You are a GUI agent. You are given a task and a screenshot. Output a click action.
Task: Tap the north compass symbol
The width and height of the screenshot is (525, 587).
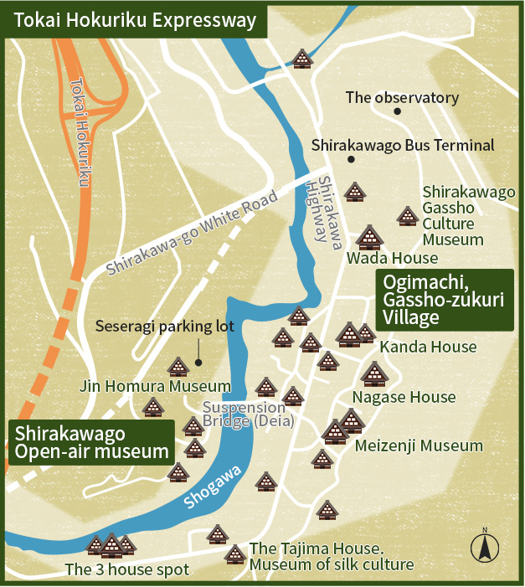click(483, 545)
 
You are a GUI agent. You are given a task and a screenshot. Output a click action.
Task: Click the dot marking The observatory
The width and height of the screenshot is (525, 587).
click(398, 111)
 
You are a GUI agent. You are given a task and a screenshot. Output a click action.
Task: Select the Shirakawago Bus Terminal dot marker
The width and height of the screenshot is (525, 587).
click(351, 159)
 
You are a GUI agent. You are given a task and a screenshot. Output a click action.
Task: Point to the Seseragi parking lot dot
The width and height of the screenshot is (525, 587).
click(198, 363)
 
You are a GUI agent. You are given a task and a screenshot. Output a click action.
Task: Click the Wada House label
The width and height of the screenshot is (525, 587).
click(393, 258)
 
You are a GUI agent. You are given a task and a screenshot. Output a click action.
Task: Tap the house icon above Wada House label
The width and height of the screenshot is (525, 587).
click(368, 238)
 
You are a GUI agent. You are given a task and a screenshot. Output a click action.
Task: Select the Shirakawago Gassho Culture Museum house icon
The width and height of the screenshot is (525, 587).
click(408, 216)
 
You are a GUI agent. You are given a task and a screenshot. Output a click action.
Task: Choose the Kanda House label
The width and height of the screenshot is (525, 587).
click(428, 347)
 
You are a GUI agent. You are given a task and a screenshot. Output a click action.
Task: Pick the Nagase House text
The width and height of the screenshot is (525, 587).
click(404, 397)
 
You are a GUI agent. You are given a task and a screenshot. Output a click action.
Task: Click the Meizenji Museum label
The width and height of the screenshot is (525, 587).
click(419, 445)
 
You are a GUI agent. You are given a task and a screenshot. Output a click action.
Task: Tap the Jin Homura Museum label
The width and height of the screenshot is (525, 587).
click(155, 386)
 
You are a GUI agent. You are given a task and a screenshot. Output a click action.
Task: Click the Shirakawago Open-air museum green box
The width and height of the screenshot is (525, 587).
click(93, 442)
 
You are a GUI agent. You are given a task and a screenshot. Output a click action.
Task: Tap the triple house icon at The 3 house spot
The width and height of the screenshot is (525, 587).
click(111, 546)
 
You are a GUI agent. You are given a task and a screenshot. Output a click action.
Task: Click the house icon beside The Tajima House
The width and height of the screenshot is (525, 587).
click(234, 554)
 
